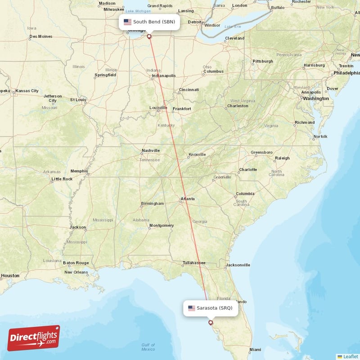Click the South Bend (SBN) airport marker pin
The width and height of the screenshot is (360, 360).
[x=149, y=36]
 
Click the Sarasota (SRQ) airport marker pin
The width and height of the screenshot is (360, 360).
[x=210, y=322]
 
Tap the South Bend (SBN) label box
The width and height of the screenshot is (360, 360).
[x=149, y=22]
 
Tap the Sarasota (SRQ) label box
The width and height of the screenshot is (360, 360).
[x=210, y=308]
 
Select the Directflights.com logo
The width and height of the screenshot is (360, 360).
[x=34, y=338]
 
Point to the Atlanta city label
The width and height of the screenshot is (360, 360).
[x=188, y=198]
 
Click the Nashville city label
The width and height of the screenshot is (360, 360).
[x=151, y=150]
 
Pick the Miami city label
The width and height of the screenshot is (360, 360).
[x=255, y=350]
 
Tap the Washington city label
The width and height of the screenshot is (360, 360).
[x=316, y=98]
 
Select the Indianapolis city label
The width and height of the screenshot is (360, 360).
[x=164, y=76]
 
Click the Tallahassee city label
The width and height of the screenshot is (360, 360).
[x=194, y=263]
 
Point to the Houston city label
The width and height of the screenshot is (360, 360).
[x=10, y=275]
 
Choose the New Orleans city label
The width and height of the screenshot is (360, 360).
[x=76, y=272]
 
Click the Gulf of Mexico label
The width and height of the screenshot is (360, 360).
[x=148, y=347]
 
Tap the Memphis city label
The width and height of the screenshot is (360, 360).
[x=79, y=171]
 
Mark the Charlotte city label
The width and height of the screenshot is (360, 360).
[x=248, y=170]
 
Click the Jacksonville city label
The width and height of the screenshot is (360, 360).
[x=238, y=265]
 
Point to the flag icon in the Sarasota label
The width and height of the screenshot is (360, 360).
[x=192, y=308]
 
